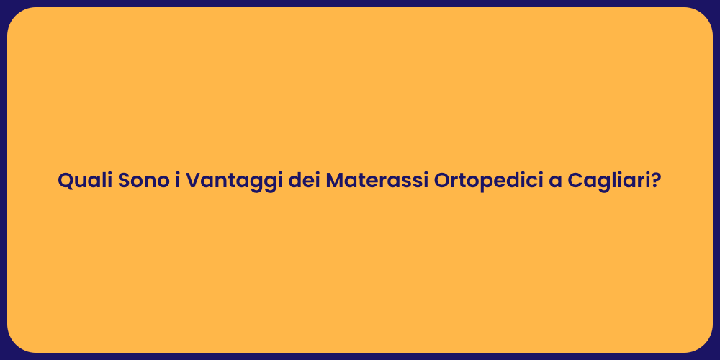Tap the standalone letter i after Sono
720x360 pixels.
(177, 181)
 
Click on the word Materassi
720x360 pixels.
(377, 181)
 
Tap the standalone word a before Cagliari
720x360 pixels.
(556, 181)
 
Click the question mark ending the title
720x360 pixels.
(656, 181)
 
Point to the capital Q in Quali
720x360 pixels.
(66, 181)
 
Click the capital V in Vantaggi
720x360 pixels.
(194, 181)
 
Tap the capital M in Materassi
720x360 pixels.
(336, 181)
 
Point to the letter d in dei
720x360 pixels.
(294, 181)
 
